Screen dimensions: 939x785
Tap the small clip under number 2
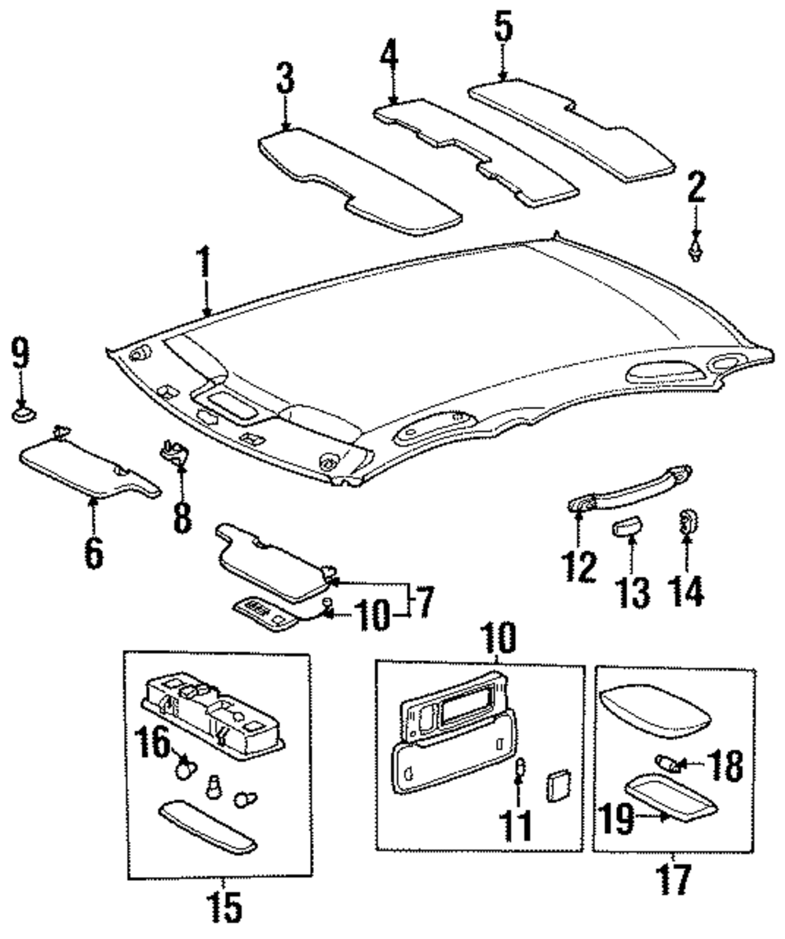(696, 254)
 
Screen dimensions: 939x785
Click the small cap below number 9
(22, 411)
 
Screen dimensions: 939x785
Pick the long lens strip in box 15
(207, 827)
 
